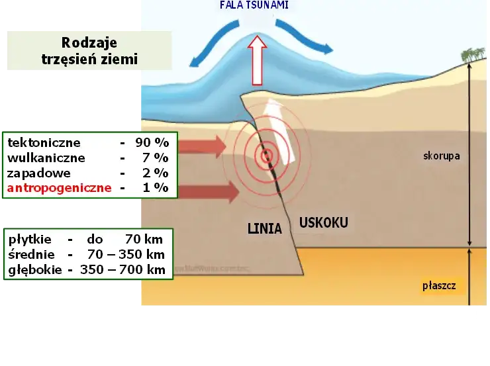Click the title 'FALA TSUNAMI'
pyautogui.click(x=254, y=5)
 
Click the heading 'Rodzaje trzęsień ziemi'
pyautogui.click(x=89, y=51)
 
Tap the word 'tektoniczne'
pyautogui.click(x=44, y=142)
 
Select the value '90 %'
pyautogui.click(x=154, y=142)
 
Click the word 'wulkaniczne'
pyautogui.click(x=46, y=158)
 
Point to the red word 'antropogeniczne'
pyautogui.click(x=59, y=188)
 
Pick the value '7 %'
pyautogui.click(x=156, y=158)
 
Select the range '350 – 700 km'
pyautogui.click(x=122, y=269)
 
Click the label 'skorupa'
pyautogui.click(x=441, y=157)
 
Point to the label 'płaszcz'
pyautogui.click(x=439, y=287)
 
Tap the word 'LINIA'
pyautogui.click(x=264, y=229)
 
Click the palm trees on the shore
pyautogui.click(x=471, y=55)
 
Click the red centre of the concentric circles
pyautogui.click(x=266, y=156)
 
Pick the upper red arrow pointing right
pyautogui.click(x=201, y=146)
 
